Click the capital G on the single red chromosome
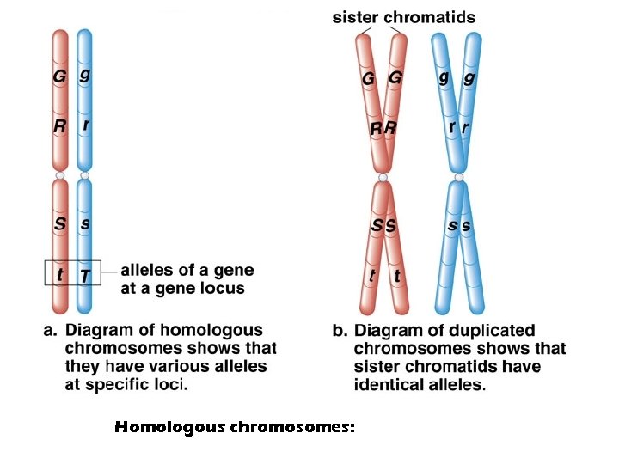pos(59,77)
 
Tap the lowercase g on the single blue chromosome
pos(84,75)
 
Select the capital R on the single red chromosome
pos(59,126)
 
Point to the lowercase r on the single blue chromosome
pos(85,125)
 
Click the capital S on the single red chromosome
pos(59,223)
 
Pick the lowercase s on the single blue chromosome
pos(84,223)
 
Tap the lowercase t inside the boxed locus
pos(58,275)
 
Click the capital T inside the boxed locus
pos(84,275)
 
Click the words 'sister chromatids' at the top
pos(403,17)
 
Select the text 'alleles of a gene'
pos(187,270)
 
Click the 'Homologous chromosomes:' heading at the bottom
pos(234,426)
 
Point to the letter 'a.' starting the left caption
pos(51,331)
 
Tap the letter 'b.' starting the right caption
pos(340,331)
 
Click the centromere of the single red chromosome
pos(59,177)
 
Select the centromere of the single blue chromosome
pos(84,177)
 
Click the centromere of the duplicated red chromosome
pos(383,178)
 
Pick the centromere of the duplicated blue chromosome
pos(459,178)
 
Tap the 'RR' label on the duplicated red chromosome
pos(383,129)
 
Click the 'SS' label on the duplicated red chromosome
pos(383,226)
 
